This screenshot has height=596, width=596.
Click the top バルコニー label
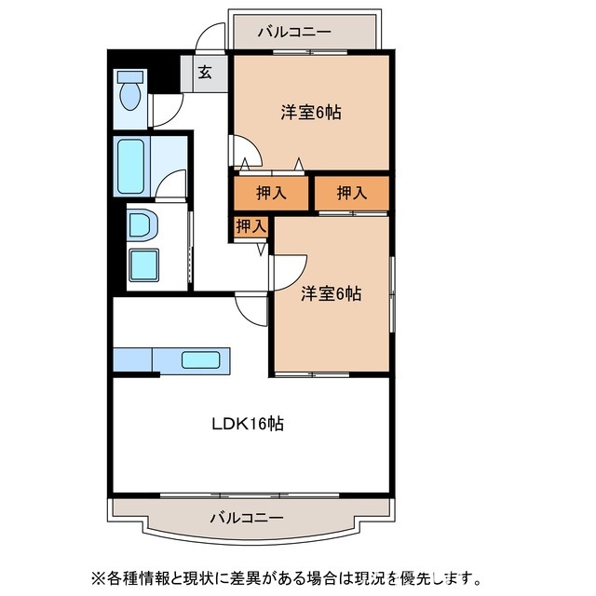pos(295,33)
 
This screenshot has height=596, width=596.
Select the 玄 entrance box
pos(204,72)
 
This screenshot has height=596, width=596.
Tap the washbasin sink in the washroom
pos(142,224)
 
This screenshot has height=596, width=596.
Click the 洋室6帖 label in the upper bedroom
pos(311,113)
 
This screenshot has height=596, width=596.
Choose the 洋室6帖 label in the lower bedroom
pos(331,294)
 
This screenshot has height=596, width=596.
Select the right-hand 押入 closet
pos(350,193)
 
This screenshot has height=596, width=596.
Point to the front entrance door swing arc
pos(212,39)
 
